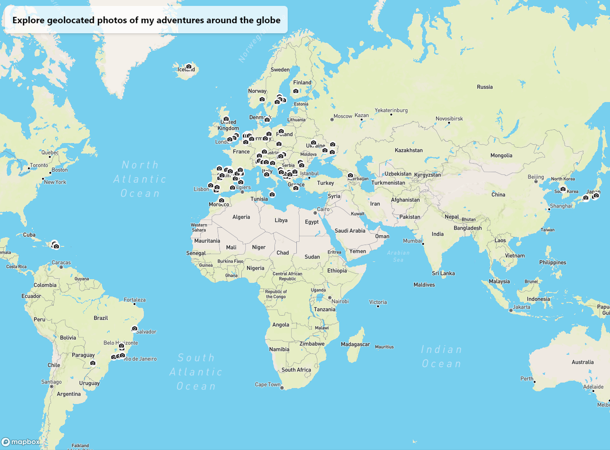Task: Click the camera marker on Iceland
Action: tap(189, 66)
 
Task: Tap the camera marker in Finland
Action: tap(296, 91)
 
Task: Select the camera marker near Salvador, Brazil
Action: tap(135, 328)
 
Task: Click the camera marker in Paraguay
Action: tap(93, 363)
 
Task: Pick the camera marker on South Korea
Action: tap(563, 189)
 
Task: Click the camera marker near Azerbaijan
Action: tap(351, 175)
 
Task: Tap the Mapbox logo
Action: tap(21, 442)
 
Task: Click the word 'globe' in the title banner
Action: tap(269, 20)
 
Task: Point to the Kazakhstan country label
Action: tap(408, 150)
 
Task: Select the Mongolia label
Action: tap(501, 155)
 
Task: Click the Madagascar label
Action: tap(355, 344)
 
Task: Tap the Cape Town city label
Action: tap(268, 384)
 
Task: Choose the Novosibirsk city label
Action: tap(449, 119)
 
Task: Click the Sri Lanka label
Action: tap(443, 273)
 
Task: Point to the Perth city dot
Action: tap(534, 382)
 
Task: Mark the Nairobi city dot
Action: tap(330, 298)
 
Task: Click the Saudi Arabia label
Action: tap(350, 230)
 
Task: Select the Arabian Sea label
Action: tap(398, 256)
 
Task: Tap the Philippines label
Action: tap(553, 262)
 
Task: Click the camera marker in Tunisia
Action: tap(272, 194)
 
